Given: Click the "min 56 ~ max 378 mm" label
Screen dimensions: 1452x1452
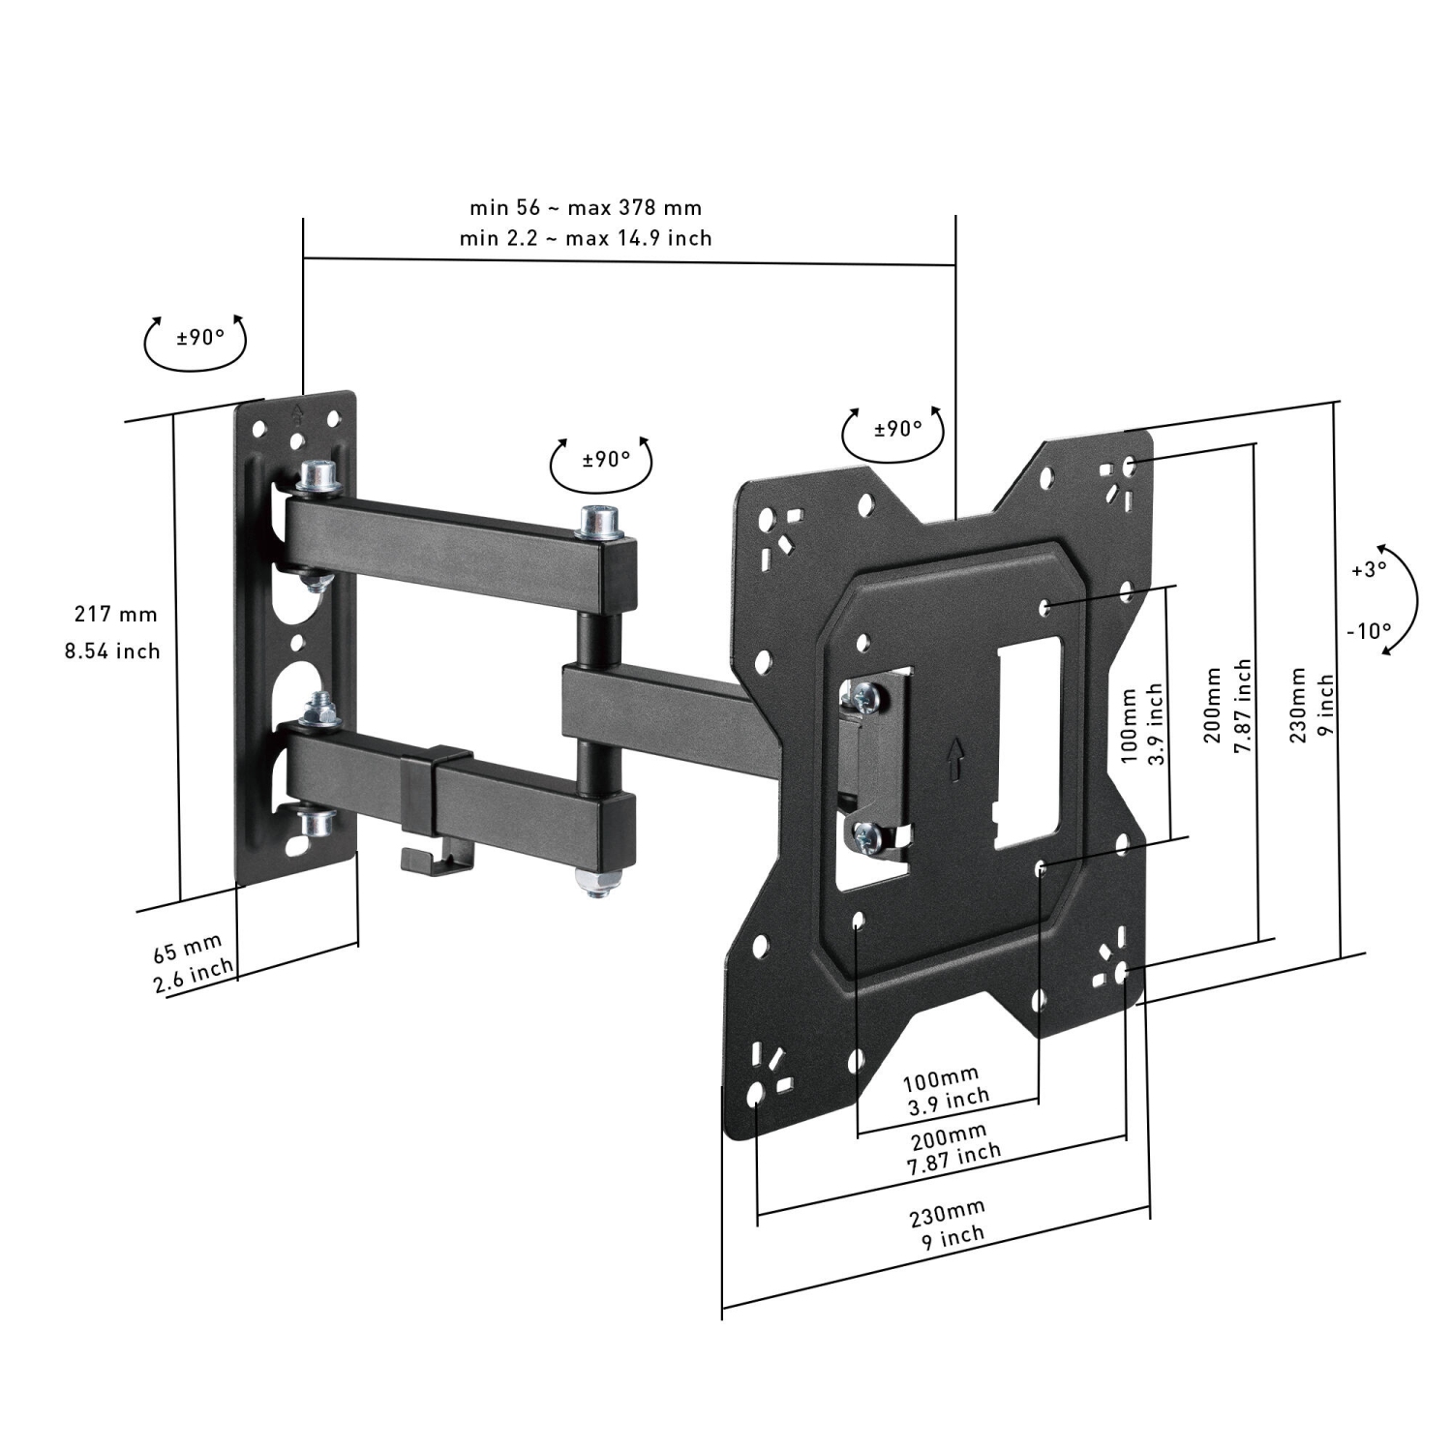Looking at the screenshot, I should (586, 207).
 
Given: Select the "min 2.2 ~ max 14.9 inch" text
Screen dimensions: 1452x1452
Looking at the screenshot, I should (586, 238).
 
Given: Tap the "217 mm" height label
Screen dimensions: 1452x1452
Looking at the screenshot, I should (115, 614).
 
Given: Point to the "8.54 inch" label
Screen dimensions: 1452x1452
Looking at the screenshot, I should (112, 650).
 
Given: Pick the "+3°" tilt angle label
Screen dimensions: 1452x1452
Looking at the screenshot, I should (1369, 569).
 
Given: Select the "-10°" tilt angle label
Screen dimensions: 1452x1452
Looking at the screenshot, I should (1369, 631).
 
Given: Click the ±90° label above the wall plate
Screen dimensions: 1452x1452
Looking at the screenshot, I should (199, 338).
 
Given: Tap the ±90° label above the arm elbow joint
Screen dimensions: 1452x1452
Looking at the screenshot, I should (606, 458).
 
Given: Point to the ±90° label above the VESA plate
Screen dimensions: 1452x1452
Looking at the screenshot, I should (897, 428).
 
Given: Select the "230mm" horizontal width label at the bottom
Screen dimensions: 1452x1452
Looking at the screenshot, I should (947, 1210).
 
